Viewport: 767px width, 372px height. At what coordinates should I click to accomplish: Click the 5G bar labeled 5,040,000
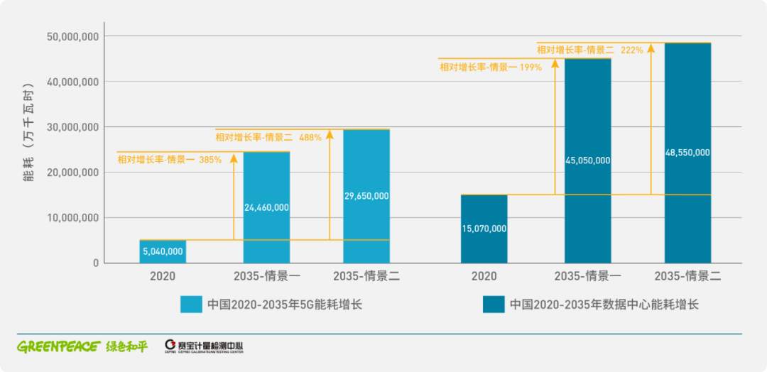tap(163, 251)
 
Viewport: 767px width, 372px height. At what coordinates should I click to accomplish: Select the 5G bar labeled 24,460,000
tap(266, 207)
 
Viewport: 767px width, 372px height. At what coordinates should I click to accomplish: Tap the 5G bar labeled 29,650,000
tap(366, 196)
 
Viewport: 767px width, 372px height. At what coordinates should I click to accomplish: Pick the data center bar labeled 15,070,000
tap(484, 229)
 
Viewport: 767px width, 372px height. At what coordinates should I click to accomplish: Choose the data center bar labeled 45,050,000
tap(587, 160)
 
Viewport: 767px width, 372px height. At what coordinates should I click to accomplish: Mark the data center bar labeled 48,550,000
tap(687, 153)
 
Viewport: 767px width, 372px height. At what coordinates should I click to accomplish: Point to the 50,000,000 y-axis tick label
tap(72, 35)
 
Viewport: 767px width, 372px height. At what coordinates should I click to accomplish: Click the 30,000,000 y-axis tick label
tap(72, 127)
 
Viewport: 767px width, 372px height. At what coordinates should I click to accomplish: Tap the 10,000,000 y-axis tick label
tap(72, 218)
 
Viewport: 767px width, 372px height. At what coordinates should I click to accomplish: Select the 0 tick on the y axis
tap(95, 263)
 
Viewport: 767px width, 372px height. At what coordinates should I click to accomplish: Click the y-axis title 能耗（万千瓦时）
tap(29, 149)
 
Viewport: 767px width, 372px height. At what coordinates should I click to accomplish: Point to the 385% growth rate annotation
tap(170, 160)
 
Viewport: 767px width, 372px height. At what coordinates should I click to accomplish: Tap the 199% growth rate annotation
tap(491, 67)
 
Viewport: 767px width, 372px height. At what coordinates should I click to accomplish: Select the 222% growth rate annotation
tap(589, 50)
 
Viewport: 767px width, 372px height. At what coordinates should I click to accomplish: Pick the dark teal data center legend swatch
tap(494, 305)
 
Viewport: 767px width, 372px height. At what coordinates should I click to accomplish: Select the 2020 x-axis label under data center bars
tap(484, 276)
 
